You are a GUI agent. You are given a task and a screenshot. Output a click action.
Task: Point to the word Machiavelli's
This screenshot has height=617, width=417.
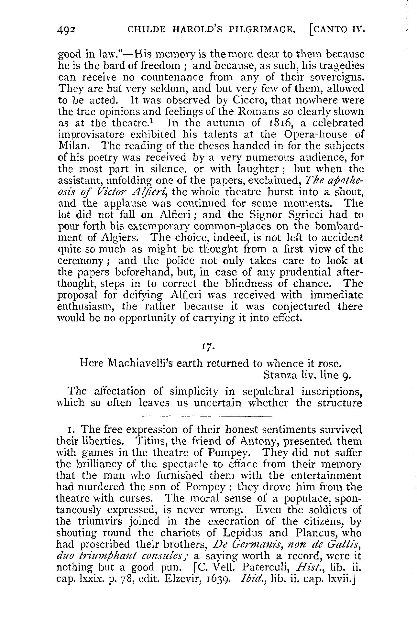click(135, 363)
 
